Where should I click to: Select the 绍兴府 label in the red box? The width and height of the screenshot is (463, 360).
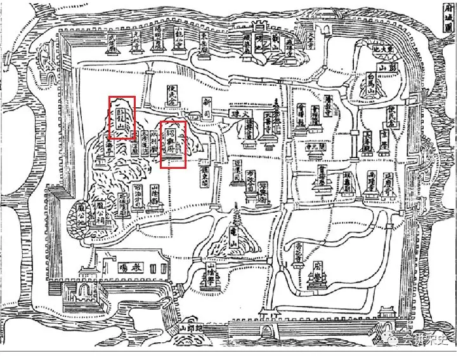[172, 145]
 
